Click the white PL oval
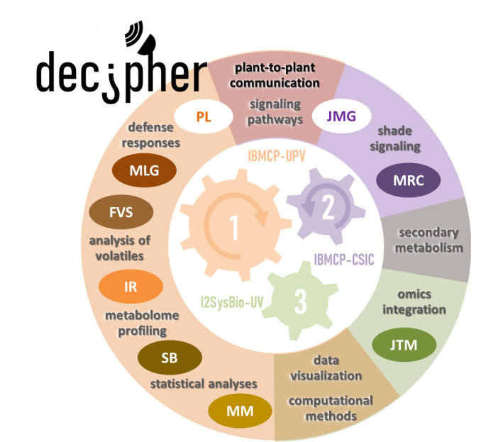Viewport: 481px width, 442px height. (204, 116)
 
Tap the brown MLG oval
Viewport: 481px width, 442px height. (145, 171)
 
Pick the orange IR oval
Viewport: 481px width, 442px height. (130, 286)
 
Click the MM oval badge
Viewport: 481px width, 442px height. (240, 410)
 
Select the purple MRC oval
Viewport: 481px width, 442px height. (409, 179)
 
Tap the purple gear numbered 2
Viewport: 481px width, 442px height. (324, 206)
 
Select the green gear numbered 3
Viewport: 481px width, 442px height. (299, 301)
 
